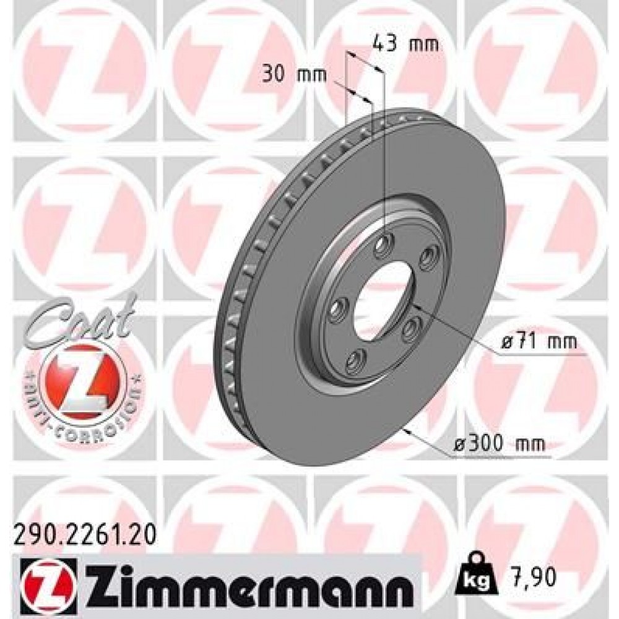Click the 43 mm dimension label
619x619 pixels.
coord(405,43)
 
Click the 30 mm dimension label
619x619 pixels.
coord(295,75)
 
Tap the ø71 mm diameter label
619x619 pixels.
coord(539,342)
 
